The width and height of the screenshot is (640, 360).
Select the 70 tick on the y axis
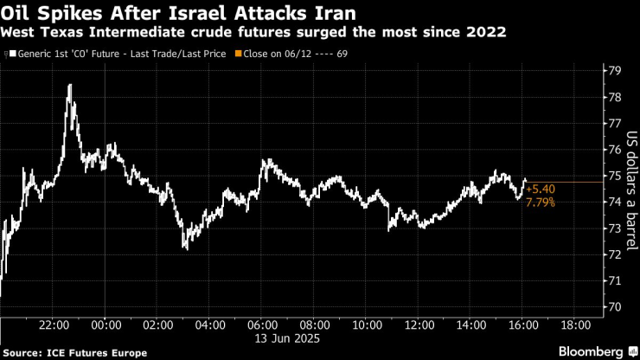tap(613, 306)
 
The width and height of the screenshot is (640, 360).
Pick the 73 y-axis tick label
tap(613, 228)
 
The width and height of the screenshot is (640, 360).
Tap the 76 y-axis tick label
tap(613, 149)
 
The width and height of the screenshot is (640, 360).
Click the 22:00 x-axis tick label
tap(54, 325)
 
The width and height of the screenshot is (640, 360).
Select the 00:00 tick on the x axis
tap(106, 325)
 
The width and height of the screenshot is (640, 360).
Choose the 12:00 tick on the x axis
tap(419, 325)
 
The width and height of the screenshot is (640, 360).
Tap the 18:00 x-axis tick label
tap(575, 325)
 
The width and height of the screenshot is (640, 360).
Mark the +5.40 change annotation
tap(540, 189)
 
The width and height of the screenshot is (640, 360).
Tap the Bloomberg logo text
tap(589, 351)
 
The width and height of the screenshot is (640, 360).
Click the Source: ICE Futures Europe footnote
tap(58, 352)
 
